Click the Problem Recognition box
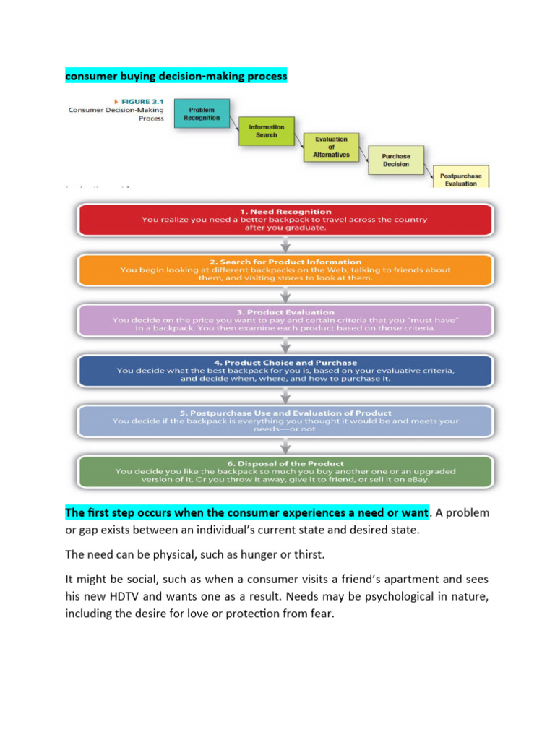click(202, 113)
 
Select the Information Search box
click(267, 131)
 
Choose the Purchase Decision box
click(396, 160)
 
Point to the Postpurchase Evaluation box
click(460, 178)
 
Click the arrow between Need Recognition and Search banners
click(285, 244)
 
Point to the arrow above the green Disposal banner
click(285, 445)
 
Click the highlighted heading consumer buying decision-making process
click(176, 75)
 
